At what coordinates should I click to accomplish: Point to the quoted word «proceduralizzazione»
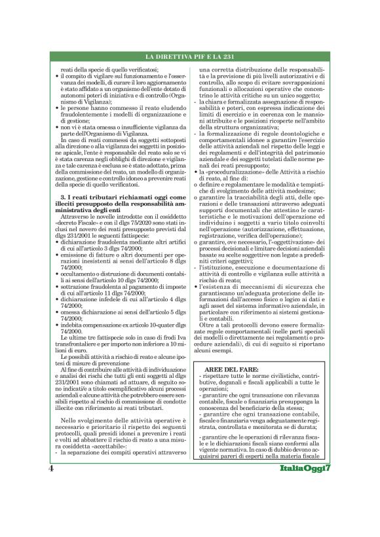[237, 171]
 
